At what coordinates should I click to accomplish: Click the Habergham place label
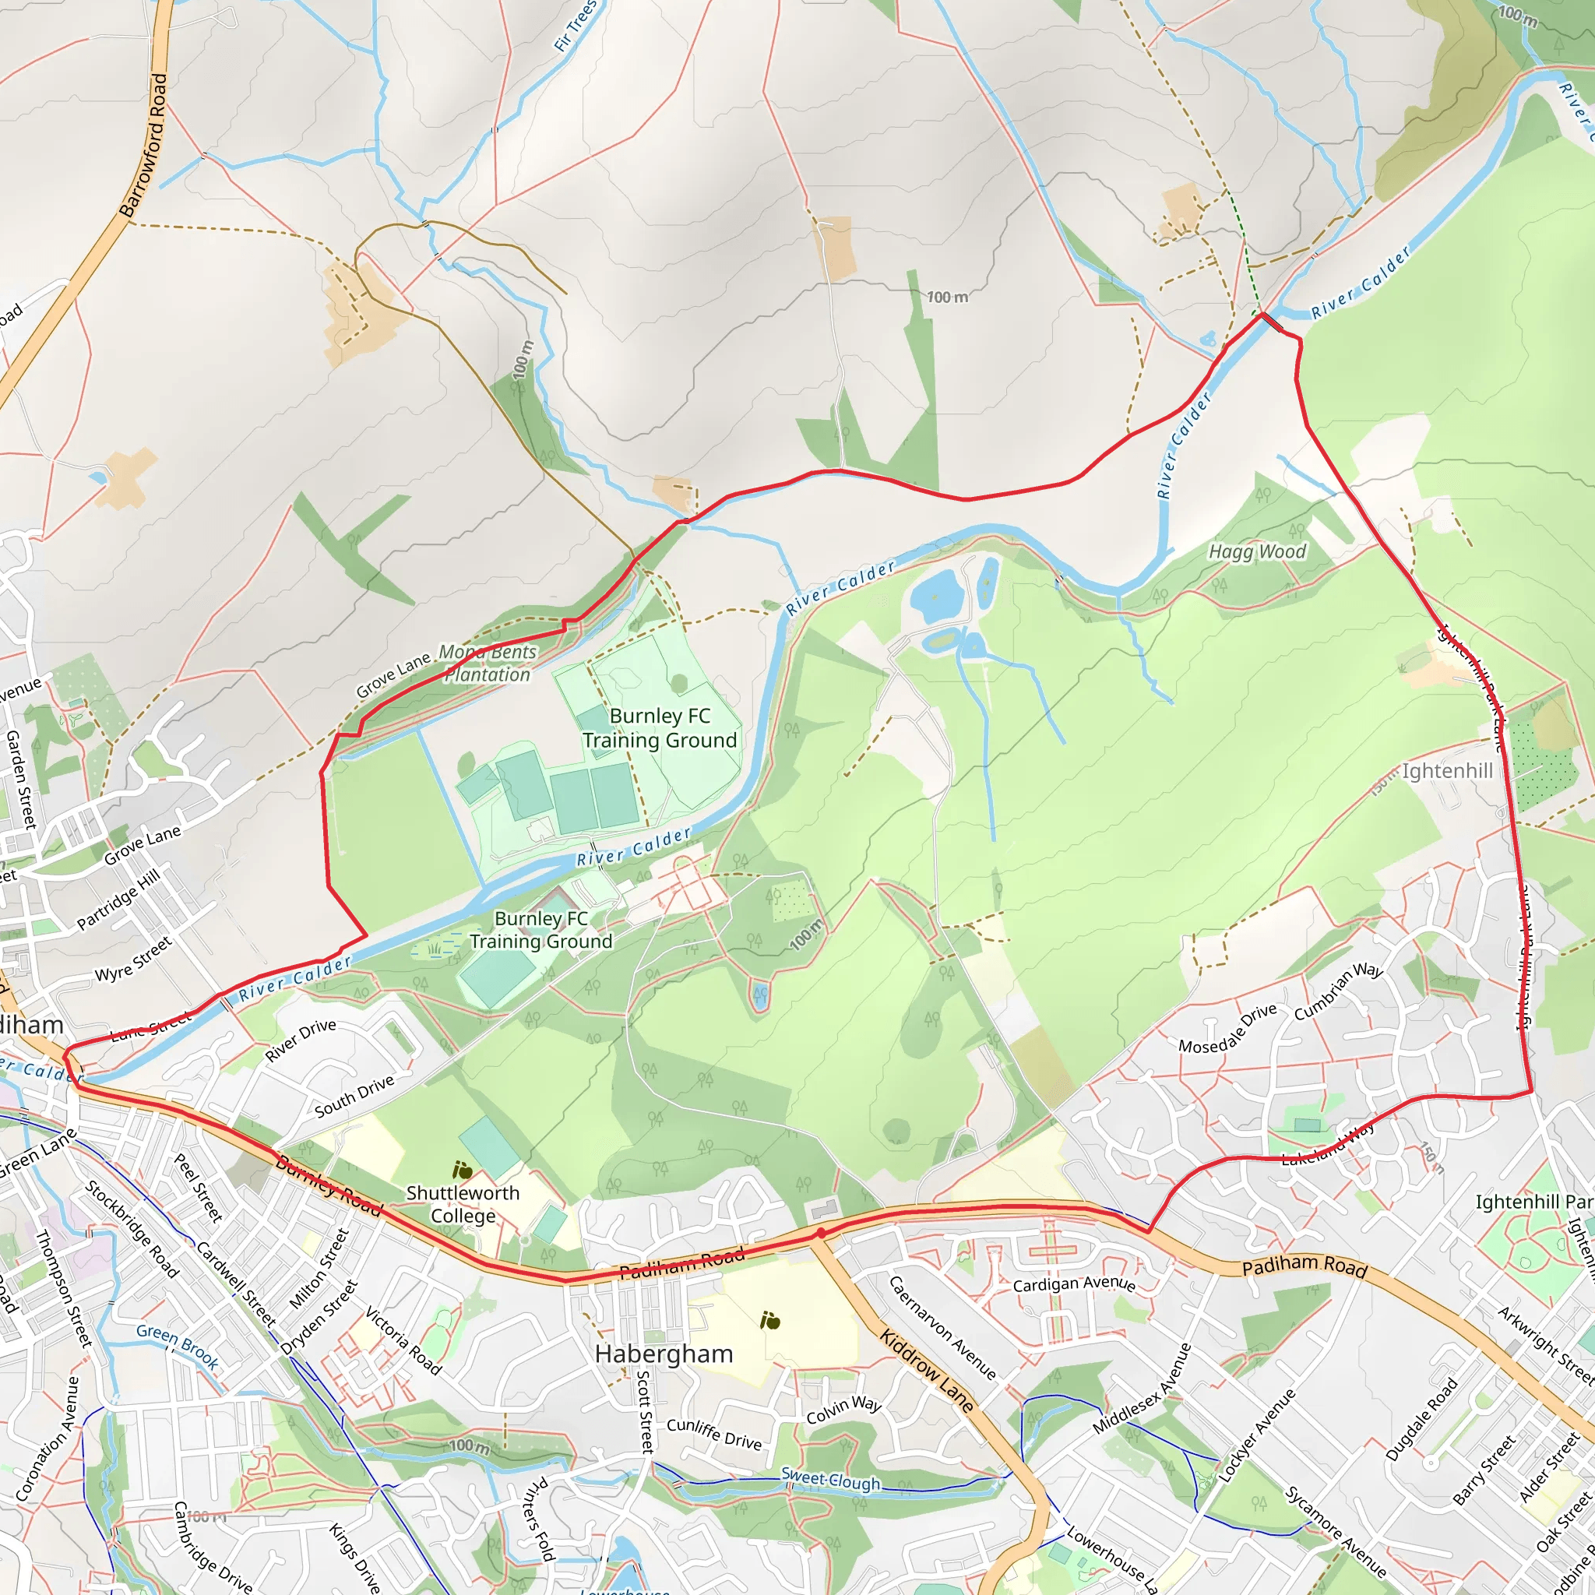[x=664, y=1354]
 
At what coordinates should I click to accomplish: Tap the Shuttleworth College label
[x=463, y=1205]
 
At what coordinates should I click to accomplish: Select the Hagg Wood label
[x=1257, y=551]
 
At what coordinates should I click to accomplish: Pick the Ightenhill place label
[x=1447, y=771]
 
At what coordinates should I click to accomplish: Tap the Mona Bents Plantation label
[x=487, y=664]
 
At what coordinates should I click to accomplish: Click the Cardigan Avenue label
[x=1074, y=1284]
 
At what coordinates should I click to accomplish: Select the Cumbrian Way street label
[x=1338, y=991]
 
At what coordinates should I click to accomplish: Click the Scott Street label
[x=645, y=1411]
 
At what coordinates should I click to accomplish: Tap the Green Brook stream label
[x=178, y=1347]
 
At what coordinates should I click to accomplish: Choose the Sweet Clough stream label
[x=830, y=1480]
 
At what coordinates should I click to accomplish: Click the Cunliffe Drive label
[x=714, y=1434]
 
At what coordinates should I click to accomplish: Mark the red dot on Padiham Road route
[x=821, y=1234]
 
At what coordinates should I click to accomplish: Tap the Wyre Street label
[x=134, y=959]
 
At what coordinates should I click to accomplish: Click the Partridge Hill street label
[x=118, y=898]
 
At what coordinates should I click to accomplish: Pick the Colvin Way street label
[x=843, y=1410]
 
